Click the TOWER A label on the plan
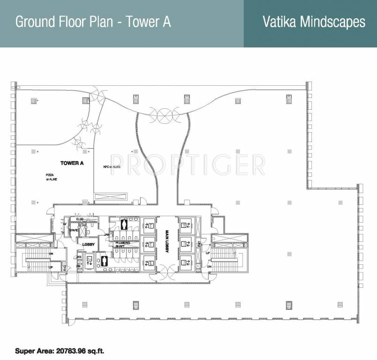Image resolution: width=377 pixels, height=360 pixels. [72, 163]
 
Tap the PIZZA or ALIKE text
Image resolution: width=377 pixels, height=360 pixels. [50, 177]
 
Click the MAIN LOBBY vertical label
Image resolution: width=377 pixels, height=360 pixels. [166, 242]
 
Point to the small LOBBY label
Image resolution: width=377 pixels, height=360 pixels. [89, 244]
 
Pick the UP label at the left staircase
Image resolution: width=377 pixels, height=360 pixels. [51, 268]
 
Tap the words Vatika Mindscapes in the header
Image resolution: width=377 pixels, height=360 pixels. [313, 22]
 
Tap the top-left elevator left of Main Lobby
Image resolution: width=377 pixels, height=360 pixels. [148, 225]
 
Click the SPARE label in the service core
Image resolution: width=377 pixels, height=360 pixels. [74, 231]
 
